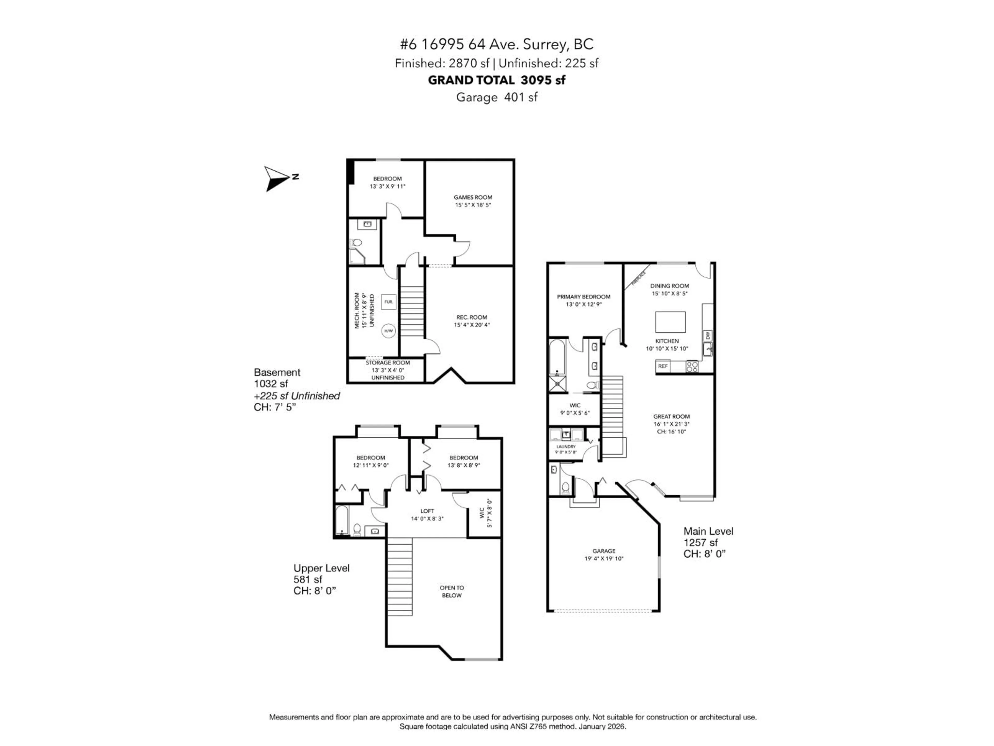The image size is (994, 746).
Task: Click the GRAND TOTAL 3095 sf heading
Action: point(496,80)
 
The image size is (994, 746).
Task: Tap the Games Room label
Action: point(473,197)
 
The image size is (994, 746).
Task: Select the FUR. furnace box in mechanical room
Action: point(388,302)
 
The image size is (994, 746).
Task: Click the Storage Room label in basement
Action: point(387,362)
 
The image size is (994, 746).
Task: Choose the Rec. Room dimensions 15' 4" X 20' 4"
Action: point(471,325)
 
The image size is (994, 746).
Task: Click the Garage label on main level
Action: point(603,551)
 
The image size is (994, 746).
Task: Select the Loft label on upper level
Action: point(427,511)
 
